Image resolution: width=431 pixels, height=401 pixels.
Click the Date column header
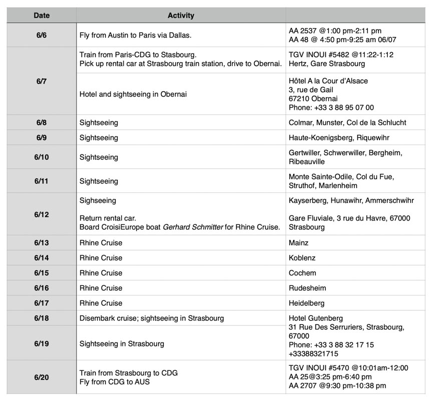pyautogui.click(x=42, y=16)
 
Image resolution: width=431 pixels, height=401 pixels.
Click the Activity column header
pyautogui.click(x=181, y=16)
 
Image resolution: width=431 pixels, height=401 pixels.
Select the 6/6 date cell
pyautogui.click(x=42, y=35)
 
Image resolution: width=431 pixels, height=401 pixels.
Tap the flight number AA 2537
pyautogui.click(x=302, y=31)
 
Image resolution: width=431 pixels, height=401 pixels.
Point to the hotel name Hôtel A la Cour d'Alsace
pyautogui.click(x=328, y=81)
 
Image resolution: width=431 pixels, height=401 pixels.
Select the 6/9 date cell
pyautogui.click(x=42, y=137)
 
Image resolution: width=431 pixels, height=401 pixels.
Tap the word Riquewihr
pyautogui.click(x=373, y=137)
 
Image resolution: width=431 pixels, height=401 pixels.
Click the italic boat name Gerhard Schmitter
pyautogui.click(x=193, y=227)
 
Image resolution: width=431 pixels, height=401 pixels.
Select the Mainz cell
pyautogui.click(x=299, y=243)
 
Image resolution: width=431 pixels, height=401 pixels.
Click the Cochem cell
pyautogui.click(x=302, y=273)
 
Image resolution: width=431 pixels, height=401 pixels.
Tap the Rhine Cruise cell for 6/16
pyautogui.click(x=101, y=288)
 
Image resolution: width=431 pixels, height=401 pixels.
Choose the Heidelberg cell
pyautogui.click(x=306, y=303)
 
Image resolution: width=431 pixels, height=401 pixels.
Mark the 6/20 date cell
pyautogui.click(x=42, y=377)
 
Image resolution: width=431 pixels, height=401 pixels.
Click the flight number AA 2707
pyautogui.click(x=302, y=385)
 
